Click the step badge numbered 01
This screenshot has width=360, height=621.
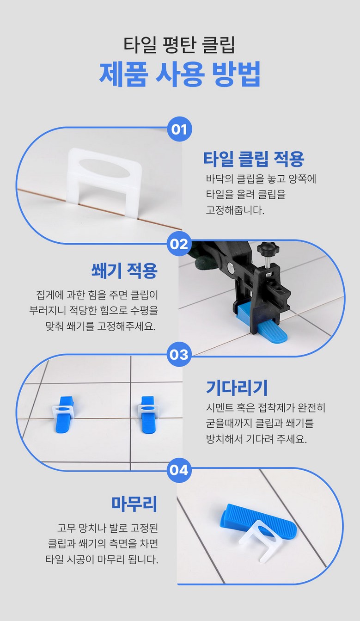pyautogui.click(x=179, y=129)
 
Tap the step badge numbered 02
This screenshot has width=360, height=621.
pyautogui.click(x=179, y=244)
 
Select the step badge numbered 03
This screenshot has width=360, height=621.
pyautogui.click(x=179, y=355)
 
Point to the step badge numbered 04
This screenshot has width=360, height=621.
pyautogui.click(x=179, y=470)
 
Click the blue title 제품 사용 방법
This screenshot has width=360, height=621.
pyautogui.click(x=180, y=73)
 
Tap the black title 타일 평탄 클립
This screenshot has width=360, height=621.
pyautogui.click(x=179, y=44)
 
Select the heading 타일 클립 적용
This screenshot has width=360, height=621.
pyautogui.click(x=254, y=159)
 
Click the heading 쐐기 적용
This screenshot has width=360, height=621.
pyautogui.click(x=124, y=271)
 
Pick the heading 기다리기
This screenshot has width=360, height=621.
pyautogui.click(x=237, y=388)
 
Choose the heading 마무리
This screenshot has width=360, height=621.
pyautogui.click(x=134, y=504)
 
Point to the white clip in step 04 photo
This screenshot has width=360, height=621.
pyautogui.click(x=261, y=541)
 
